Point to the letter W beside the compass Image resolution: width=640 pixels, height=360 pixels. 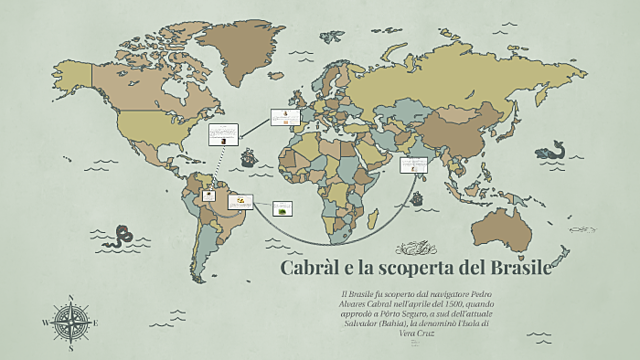(44, 323)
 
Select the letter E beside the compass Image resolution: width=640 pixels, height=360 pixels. (97, 322)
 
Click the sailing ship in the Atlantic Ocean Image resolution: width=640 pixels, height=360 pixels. (246, 156)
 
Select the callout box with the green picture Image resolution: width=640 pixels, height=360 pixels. (285, 208)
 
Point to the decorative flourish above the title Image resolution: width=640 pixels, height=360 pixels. (414, 246)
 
